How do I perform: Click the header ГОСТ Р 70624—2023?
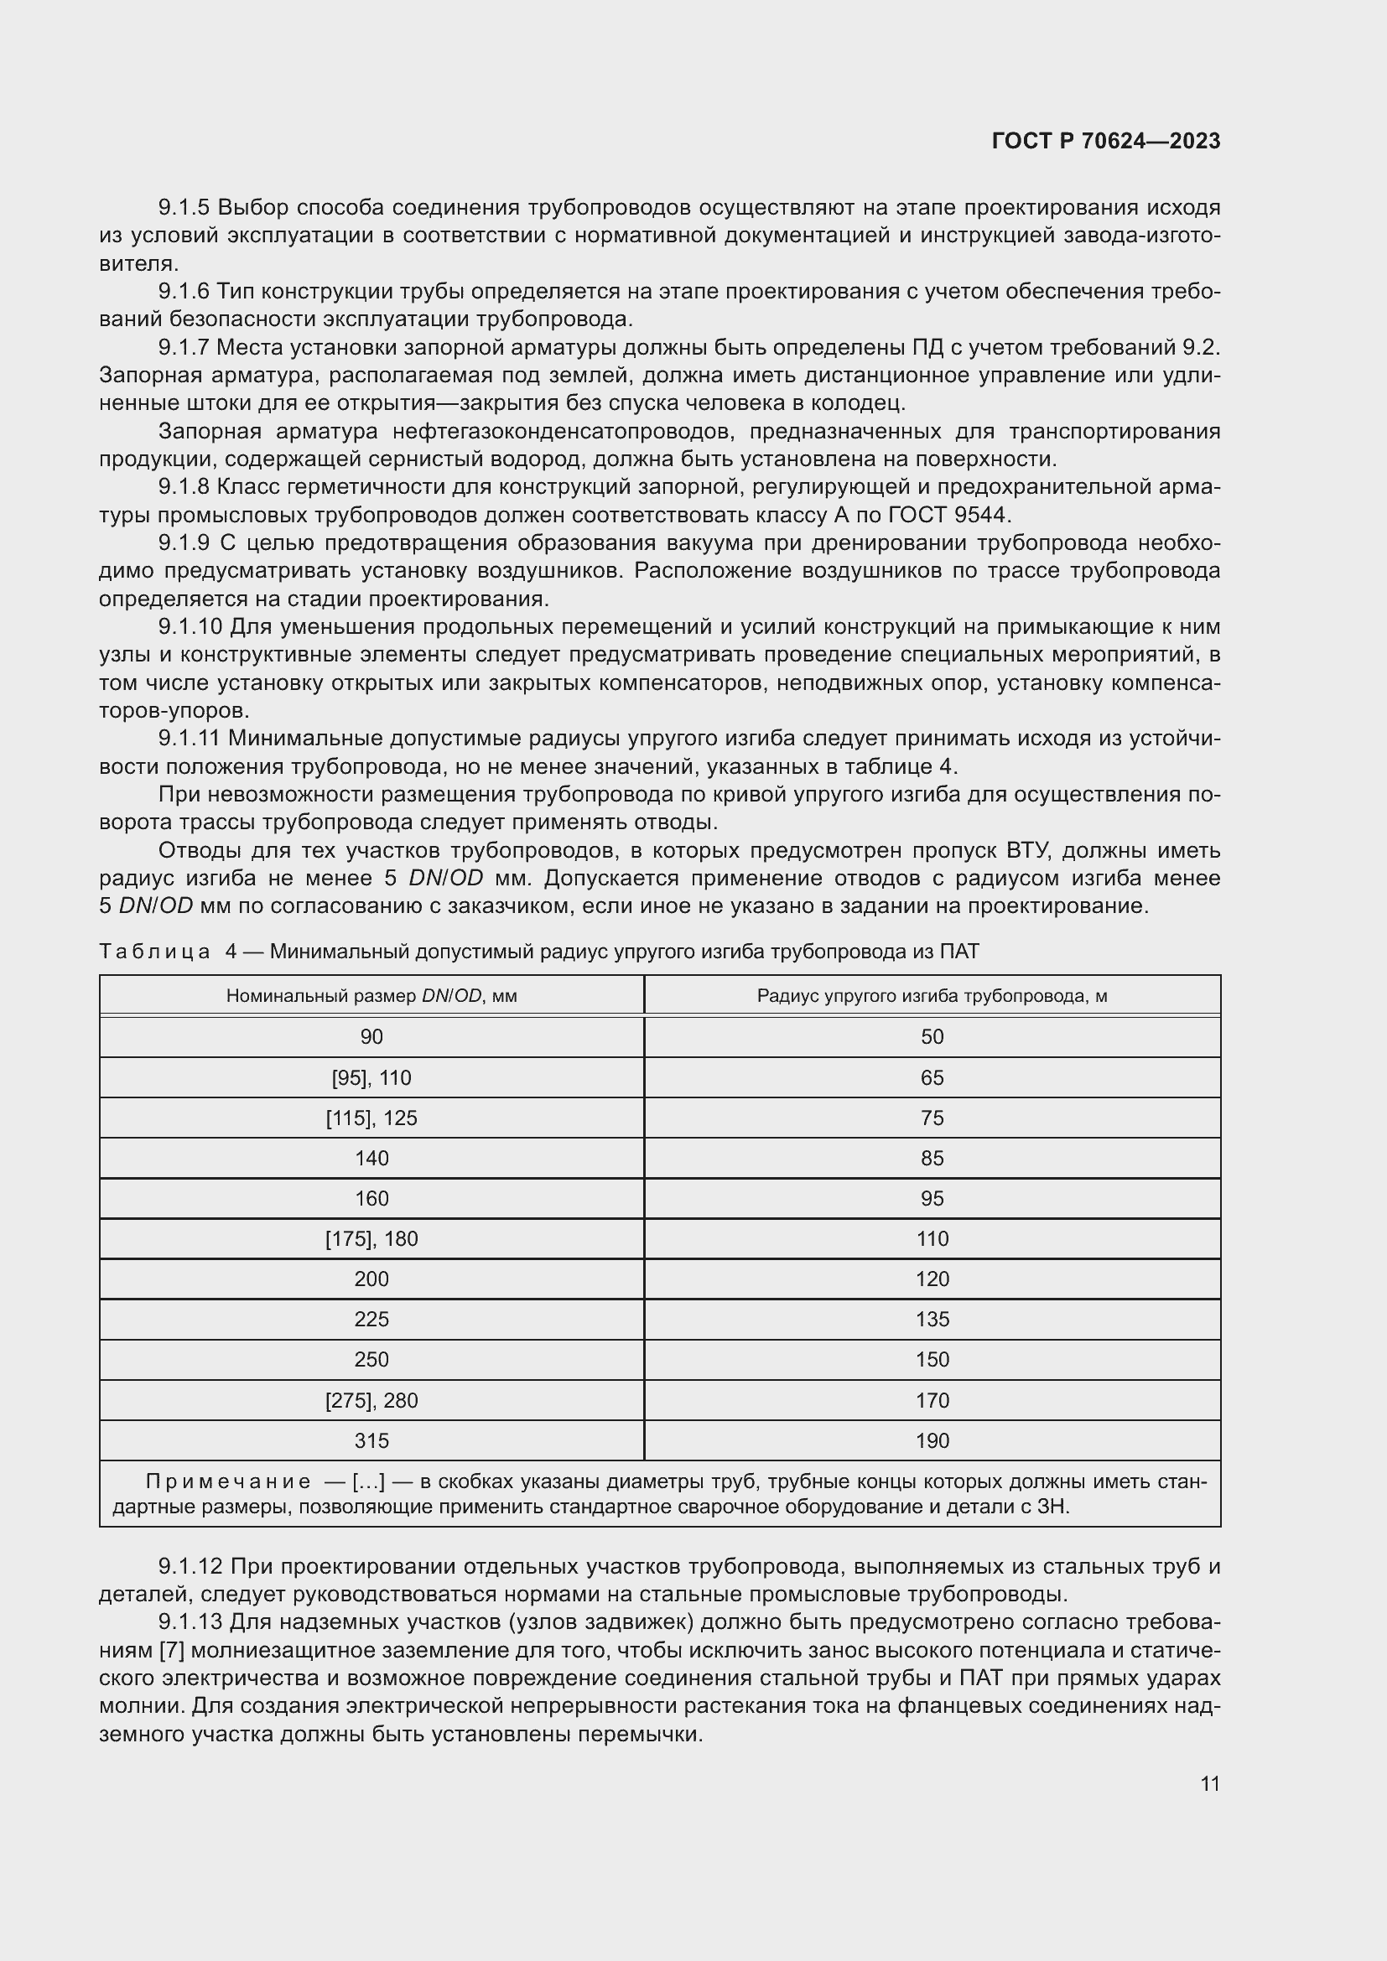1106,141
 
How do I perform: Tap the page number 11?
1209,1783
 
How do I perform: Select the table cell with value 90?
371,1037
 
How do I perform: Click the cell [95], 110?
371,1078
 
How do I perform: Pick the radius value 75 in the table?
932,1118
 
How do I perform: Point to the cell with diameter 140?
371,1158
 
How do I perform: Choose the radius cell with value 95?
932,1198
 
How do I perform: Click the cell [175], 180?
371,1238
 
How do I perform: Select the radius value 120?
932,1279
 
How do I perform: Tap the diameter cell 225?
371,1319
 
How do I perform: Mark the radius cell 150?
932,1359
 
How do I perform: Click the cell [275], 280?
371,1400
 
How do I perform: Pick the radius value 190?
932,1441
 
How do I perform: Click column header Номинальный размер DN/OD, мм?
371,996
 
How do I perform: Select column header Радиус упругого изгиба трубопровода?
932,996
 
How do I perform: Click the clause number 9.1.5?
184,208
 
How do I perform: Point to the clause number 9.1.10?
190,627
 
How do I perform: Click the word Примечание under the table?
228,1481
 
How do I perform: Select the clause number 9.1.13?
190,1622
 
